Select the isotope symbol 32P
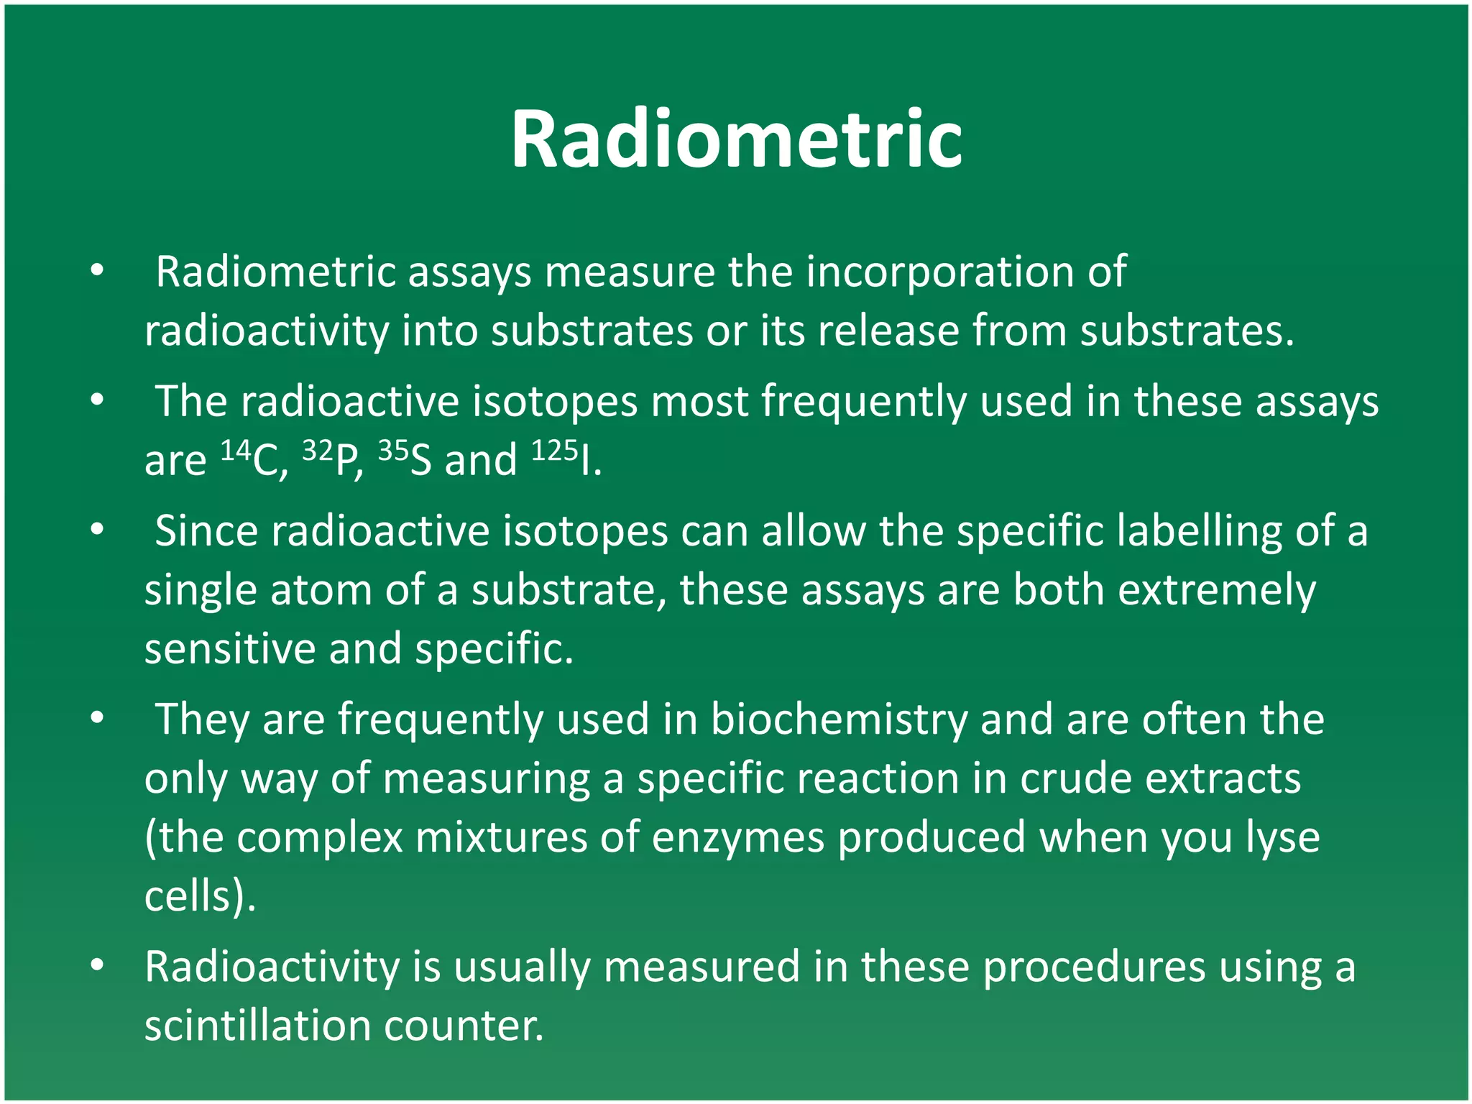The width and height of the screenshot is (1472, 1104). [x=332, y=460]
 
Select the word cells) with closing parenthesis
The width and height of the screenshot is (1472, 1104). [x=198, y=897]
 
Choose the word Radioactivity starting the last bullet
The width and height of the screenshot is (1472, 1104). [x=272, y=967]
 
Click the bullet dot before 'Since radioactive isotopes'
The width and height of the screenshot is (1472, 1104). [x=98, y=530]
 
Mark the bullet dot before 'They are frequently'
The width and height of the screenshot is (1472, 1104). [x=98, y=718]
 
